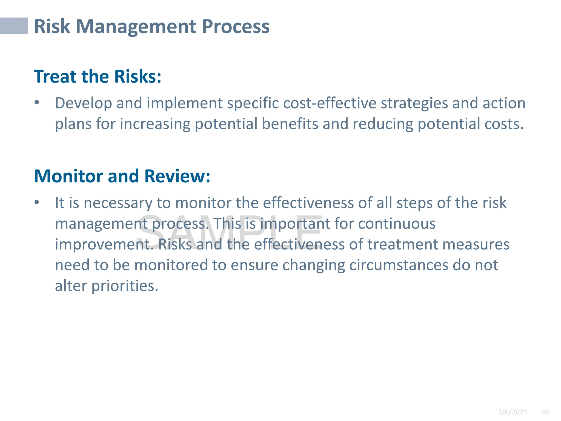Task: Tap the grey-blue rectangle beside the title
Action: (14, 26)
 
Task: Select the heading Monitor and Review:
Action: (122, 176)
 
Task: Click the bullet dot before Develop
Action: (37, 103)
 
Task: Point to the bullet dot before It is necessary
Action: (37, 203)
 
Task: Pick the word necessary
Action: (118, 203)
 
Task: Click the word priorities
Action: (125, 286)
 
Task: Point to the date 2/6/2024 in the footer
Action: (512, 412)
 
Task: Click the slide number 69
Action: (546, 412)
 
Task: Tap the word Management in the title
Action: (136, 27)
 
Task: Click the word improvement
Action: (104, 244)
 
